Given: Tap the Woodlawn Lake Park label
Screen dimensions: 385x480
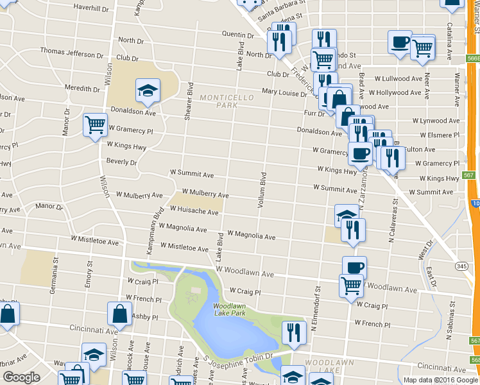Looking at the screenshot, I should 229,311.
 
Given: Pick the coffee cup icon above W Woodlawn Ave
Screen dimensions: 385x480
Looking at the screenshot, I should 354,266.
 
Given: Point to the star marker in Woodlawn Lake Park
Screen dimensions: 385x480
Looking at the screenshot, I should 192,297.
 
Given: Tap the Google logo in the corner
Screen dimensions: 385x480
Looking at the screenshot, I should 21,377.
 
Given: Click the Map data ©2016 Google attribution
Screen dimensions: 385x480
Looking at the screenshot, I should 440,380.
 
